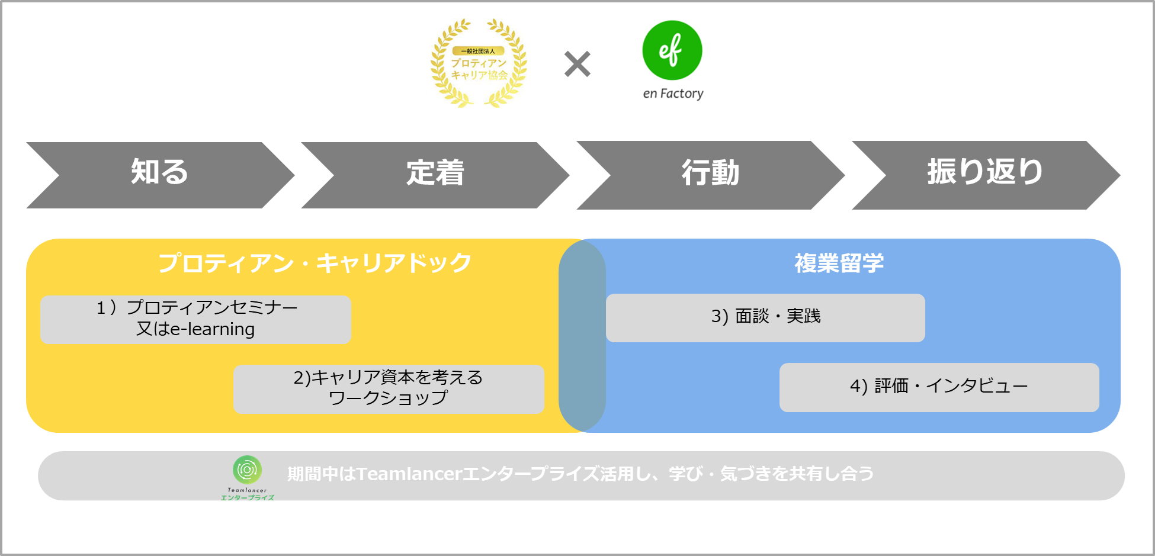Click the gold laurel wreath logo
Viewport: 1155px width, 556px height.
click(479, 63)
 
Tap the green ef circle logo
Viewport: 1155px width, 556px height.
click(672, 50)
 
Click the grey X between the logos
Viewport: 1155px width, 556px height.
click(577, 64)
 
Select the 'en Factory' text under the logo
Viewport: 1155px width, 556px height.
click(673, 94)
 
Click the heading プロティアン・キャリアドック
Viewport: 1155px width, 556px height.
click(315, 263)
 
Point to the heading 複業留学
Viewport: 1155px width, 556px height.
click(839, 263)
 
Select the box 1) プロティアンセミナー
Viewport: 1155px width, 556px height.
click(195, 319)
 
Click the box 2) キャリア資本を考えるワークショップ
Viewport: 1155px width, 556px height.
click(389, 388)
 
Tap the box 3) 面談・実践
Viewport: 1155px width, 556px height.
click(765, 317)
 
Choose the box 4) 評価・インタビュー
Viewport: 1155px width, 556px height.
click(939, 387)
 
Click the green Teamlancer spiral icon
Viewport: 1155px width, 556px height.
click(247, 470)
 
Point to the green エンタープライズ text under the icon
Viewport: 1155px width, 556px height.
click(247, 498)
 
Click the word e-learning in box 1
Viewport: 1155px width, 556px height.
click(212, 329)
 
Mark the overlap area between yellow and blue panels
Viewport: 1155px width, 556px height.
click(582, 335)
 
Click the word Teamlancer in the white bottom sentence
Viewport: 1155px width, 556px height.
click(409, 474)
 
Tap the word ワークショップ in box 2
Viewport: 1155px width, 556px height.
click(389, 398)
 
